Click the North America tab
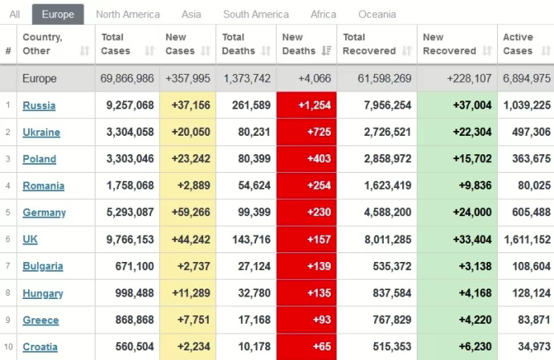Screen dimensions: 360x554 [128, 14]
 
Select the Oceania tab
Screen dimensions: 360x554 [377, 14]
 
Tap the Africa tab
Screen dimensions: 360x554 [324, 14]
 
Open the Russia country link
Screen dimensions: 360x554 [39, 105]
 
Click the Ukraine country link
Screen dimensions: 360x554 [41, 132]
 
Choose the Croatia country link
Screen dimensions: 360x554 [40, 346]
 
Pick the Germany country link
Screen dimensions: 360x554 [44, 212]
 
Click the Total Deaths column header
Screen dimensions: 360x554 [240, 44]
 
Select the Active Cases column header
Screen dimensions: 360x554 [518, 44]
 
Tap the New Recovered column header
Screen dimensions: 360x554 [450, 44]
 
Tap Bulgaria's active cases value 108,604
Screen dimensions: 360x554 [530, 266]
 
